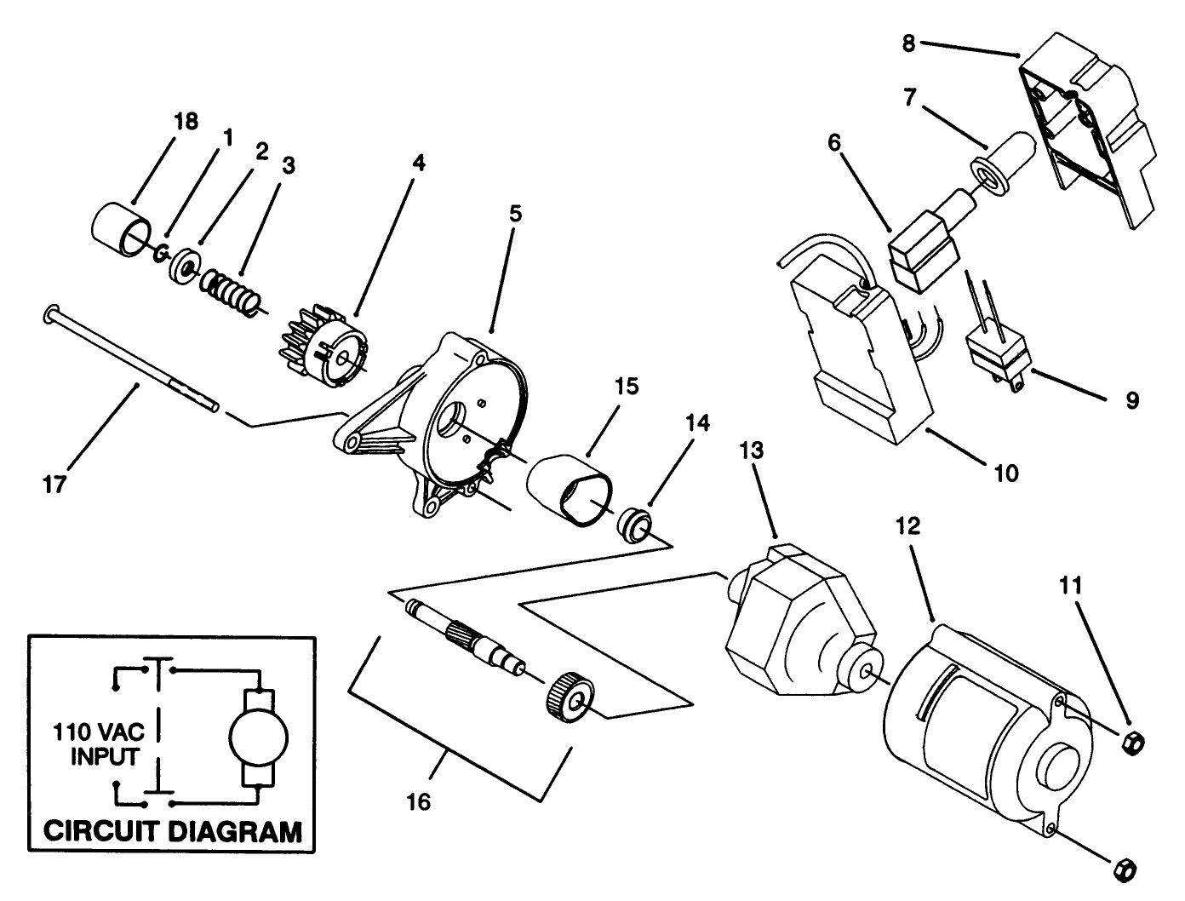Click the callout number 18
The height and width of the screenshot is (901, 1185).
[x=186, y=122]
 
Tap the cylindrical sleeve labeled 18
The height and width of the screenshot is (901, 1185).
[x=122, y=229]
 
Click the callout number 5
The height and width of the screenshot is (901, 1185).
[x=515, y=213]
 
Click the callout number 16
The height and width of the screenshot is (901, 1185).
[x=419, y=801]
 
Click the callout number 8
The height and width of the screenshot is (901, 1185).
[x=908, y=43]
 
